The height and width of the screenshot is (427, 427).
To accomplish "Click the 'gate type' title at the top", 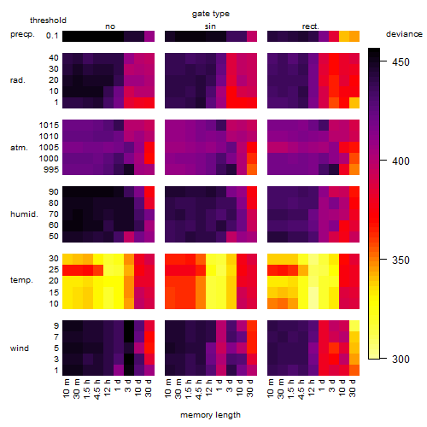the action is pos(211,14).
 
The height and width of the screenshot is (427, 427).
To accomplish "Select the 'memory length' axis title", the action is pos(210,415).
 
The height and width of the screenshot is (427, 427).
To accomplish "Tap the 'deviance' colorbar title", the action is pos(404,34).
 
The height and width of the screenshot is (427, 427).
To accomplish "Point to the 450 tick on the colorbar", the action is pos(401,61).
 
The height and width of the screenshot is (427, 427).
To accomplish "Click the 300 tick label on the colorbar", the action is pos(401,359).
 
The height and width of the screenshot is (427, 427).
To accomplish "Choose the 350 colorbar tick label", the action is pos(401,260).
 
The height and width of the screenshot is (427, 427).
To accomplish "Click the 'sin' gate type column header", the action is pos(210,26).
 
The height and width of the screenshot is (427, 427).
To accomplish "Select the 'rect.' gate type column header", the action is pos(310,26).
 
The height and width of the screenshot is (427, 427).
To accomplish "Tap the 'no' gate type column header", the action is pos(110,26).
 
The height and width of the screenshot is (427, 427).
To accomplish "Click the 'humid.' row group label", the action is pos(24,214).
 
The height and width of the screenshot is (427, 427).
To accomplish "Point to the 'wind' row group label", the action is pos(20,348).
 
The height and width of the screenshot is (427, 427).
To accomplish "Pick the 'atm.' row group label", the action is pos(19,148).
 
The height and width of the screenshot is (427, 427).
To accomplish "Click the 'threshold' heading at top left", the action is pos(48,20).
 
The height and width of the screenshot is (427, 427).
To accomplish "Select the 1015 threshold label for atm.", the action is pos(49,125).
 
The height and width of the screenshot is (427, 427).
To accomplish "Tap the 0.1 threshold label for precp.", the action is pos(52,36).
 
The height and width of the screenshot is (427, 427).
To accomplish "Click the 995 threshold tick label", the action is pos(51,170).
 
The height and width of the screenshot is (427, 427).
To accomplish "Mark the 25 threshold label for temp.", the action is pos(54,270).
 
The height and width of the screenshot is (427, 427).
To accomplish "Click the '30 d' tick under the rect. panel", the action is pos(353,388).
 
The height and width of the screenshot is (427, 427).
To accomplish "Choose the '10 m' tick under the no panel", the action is pos(66,389).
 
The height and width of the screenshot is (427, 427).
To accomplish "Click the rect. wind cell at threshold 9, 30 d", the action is pos(354,326).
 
